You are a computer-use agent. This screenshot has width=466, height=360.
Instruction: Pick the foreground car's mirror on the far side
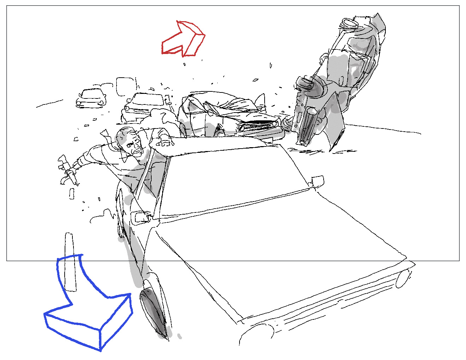point(317,181)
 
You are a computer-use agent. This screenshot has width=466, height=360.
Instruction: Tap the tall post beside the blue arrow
point(70,261)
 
